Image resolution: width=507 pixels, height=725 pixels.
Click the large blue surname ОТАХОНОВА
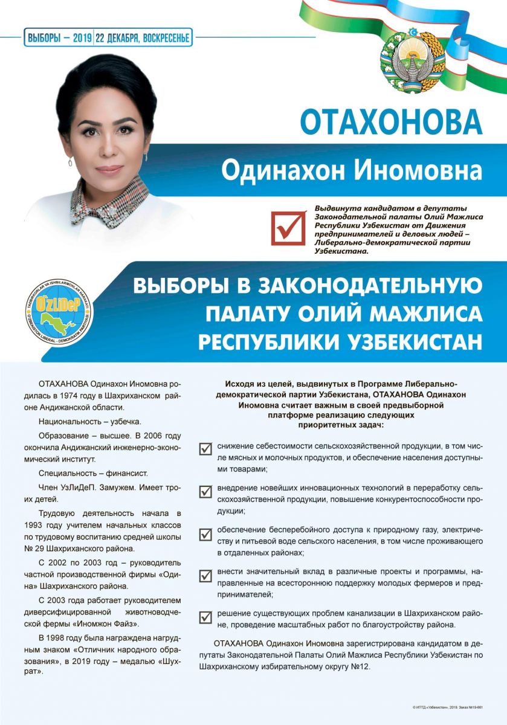[392, 121]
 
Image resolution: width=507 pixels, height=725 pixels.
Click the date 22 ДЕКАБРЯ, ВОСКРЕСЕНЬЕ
[143, 38]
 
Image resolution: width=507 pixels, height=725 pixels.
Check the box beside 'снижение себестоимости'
[205, 448]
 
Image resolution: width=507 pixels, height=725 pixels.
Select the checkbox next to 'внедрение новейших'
[205, 492]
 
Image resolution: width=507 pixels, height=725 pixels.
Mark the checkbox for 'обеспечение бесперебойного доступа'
[205, 535]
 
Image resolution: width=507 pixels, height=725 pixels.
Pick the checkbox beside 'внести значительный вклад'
[205, 575]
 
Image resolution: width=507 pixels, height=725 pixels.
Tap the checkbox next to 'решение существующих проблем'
[205, 617]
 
